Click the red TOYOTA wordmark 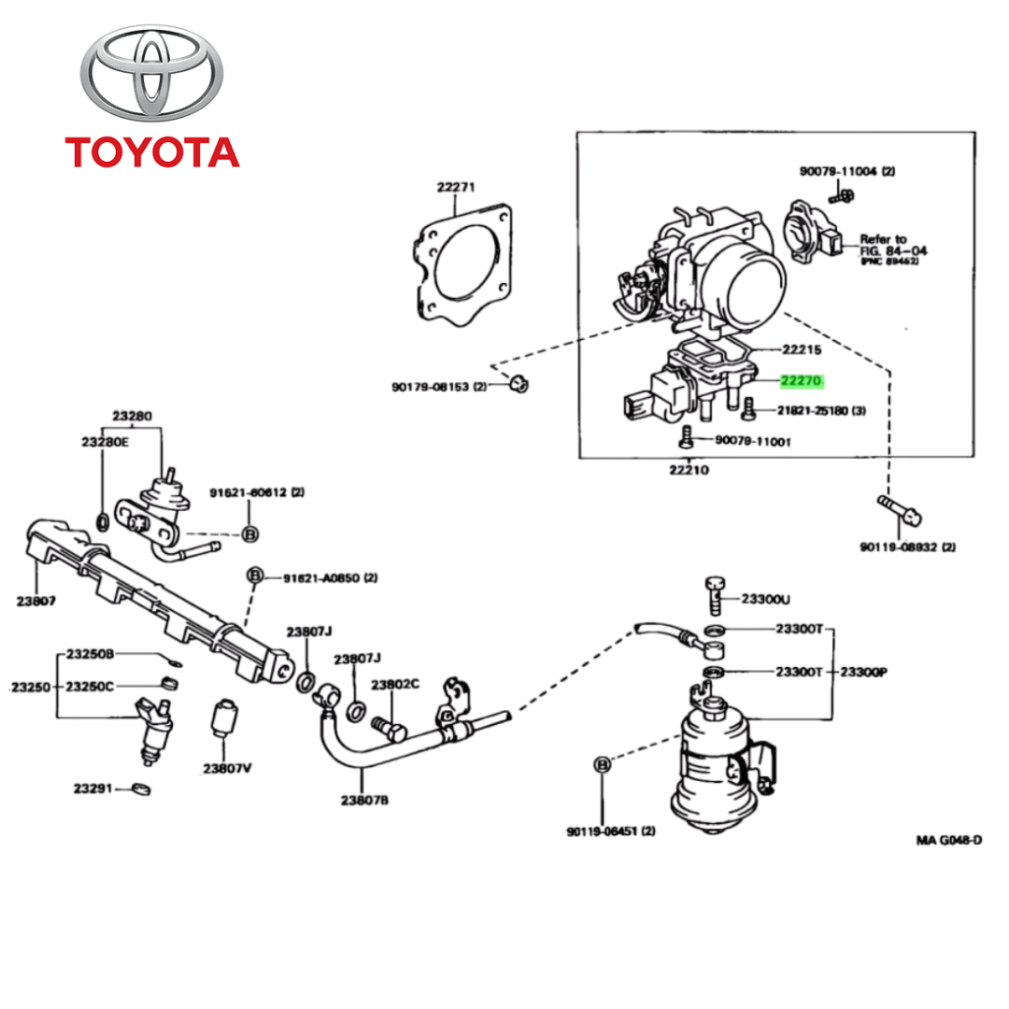point(151,151)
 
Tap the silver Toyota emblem point(151,75)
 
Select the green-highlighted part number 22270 point(802,380)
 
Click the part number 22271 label point(456,187)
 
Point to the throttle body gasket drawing point(463,263)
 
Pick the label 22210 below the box point(688,469)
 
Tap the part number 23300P point(862,672)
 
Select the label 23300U point(765,599)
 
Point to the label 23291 point(93,789)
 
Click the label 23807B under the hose point(364,800)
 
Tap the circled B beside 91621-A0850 point(254,577)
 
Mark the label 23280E point(104,442)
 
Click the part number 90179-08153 point(432,387)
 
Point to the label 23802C point(395,685)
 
